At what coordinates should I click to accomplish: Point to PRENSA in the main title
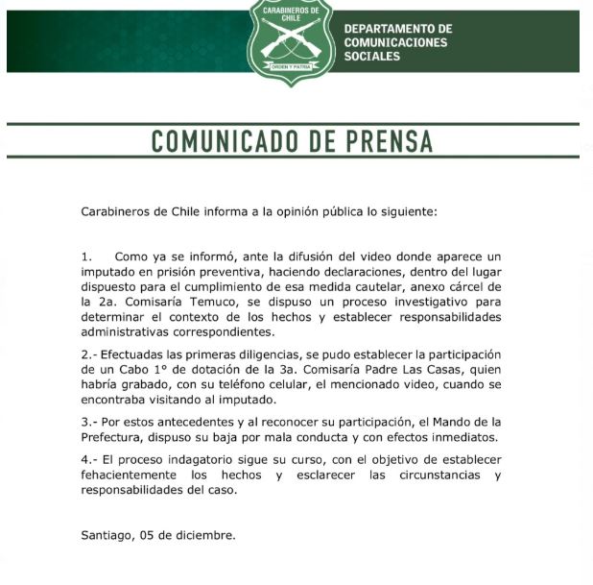tap(383, 142)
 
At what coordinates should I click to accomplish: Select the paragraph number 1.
tap(86, 257)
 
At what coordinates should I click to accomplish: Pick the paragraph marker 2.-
tap(88, 354)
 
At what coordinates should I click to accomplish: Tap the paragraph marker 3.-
tap(88, 423)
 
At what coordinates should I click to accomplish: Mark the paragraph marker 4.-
tap(88, 460)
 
